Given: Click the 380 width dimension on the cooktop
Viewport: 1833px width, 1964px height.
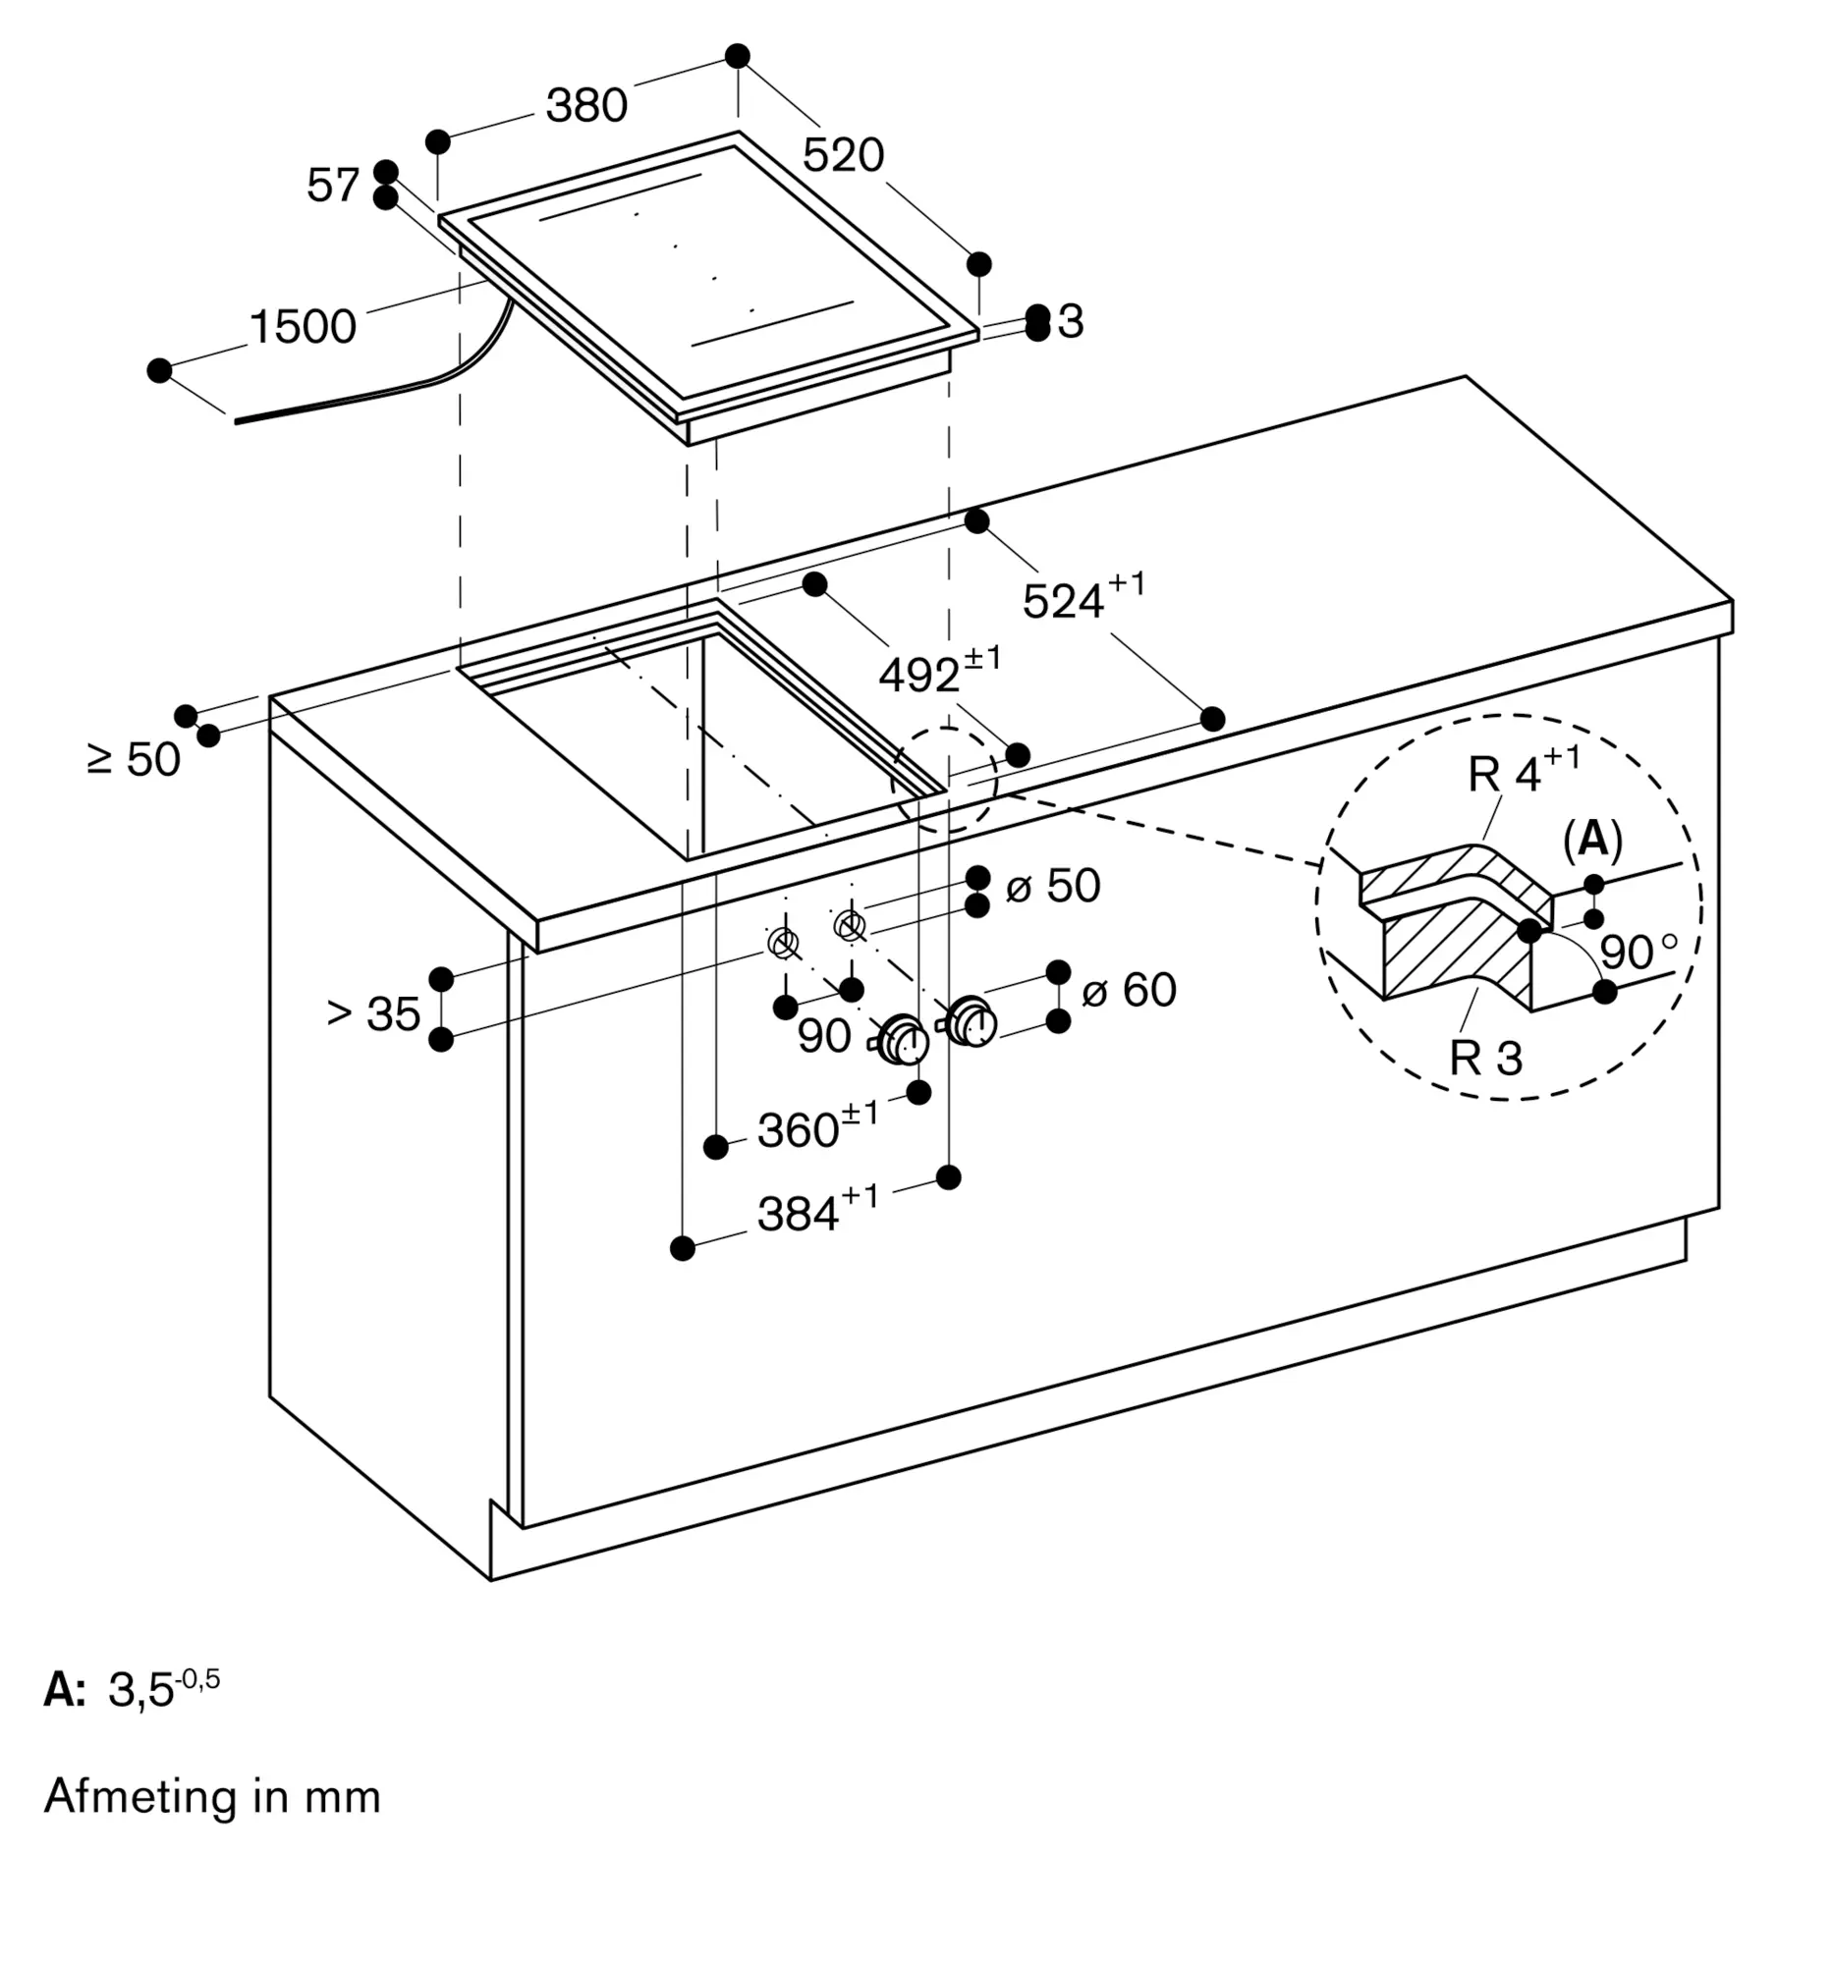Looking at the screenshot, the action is point(587,105).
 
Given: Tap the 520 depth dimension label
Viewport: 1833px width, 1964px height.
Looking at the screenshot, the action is point(843,155).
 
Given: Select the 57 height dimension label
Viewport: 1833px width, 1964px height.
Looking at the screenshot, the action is point(333,185).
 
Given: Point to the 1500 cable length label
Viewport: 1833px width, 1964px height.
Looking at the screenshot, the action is point(303,326).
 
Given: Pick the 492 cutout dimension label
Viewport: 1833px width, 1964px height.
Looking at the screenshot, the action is point(940,671).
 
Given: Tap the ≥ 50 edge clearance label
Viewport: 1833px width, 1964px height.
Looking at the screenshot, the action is point(135,760).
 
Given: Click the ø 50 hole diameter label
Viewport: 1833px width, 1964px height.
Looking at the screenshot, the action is point(1053,885).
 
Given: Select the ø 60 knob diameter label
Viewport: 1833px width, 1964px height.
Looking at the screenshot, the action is point(1130,990).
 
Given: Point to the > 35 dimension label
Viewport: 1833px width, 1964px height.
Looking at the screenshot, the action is point(373,1013).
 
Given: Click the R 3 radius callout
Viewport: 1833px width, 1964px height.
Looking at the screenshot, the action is point(1486,1058).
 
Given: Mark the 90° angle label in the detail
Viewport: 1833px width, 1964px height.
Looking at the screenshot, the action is point(1639,952).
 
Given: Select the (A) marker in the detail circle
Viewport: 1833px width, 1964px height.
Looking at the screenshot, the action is point(1593,840).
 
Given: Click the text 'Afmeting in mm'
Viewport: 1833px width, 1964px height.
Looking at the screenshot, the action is point(212,1796).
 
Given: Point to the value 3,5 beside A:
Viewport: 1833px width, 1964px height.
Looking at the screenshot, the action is point(164,1689).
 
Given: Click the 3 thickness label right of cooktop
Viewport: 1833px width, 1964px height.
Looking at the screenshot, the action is point(1070,322).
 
